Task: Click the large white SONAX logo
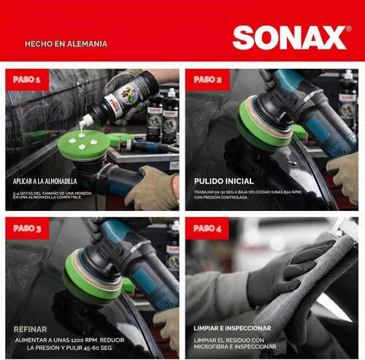(x=290, y=38)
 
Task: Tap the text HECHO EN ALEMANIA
(x=66, y=44)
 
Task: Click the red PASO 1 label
(x=27, y=80)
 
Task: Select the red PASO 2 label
(x=207, y=80)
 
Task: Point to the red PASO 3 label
(x=27, y=229)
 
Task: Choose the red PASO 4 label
(x=207, y=229)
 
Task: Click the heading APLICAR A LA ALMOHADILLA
(x=45, y=181)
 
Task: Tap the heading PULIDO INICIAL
(x=224, y=181)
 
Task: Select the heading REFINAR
(x=30, y=329)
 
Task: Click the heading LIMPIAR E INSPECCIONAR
(x=232, y=328)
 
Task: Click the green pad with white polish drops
(x=83, y=145)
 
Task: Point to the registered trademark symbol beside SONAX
(x=348, y=28)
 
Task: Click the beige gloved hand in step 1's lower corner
(x=152, y=188)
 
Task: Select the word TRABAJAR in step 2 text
(x=202, y=192)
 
